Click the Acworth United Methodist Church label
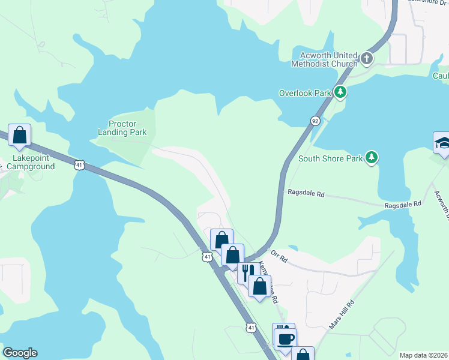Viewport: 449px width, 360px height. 324,59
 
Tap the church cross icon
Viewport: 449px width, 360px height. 366,59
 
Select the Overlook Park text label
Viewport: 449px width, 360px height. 305,93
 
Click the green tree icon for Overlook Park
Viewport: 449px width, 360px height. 340,92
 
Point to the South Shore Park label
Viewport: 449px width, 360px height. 330,158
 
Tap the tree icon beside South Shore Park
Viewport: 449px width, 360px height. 372,158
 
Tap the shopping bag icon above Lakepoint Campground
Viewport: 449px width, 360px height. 19,135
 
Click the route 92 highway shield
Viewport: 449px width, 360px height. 315,121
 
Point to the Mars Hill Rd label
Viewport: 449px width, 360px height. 342,314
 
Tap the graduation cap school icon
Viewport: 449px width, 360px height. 442,143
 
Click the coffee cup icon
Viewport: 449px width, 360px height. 285,338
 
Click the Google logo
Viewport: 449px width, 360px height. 20,353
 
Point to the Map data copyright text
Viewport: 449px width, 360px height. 424,355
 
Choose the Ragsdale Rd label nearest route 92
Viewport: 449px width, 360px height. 306,194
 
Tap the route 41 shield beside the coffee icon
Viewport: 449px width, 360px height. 251,327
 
